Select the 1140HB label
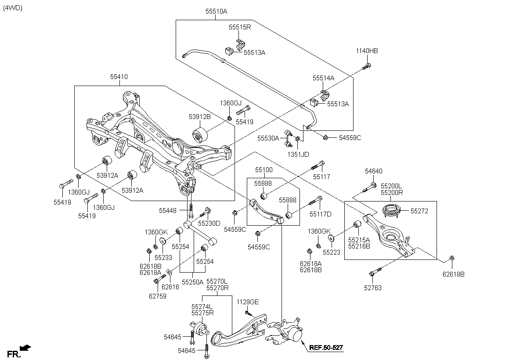(367, 51)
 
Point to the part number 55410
(119, 76)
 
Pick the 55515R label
(239, 27)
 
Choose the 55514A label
(323, 78)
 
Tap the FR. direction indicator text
(14, 354)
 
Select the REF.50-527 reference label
(326, 348)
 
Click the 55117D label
(320, 214)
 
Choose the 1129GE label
(248, 302)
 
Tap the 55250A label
(193, 282)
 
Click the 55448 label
(167, 211)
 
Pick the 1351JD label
(298, 155)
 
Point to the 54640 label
(374, 171)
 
